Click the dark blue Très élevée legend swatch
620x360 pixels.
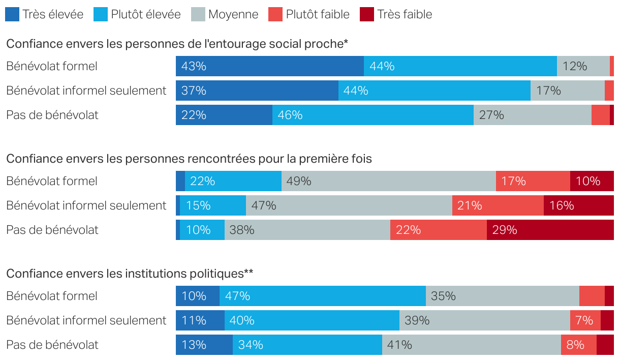(x=12, y=14)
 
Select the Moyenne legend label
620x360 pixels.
(x=233, y=14)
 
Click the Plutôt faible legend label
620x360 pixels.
(x=318, y=14)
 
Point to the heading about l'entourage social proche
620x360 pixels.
(x=177, y=44)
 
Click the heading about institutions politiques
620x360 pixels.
(x=130, y=274)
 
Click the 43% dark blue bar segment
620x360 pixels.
(x=270, y=66)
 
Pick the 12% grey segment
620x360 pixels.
(x=583, y=66)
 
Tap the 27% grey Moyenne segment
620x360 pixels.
(x=532, y=115)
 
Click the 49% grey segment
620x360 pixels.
(x=388, y=181)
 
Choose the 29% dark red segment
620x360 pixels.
(x=550, y=230)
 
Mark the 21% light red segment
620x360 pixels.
(x=498, y=205)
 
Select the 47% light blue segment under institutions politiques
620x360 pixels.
(x=322, y=296)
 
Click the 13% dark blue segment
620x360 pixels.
(x=204, y=345)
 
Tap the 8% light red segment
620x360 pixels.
(x=578, y=345)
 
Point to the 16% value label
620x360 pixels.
(x=562, y=205)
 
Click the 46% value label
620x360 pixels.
(x=290, y=115)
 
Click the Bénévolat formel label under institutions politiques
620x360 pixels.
(x=52, y=296)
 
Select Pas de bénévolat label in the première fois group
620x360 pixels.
(x=52, y=230)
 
